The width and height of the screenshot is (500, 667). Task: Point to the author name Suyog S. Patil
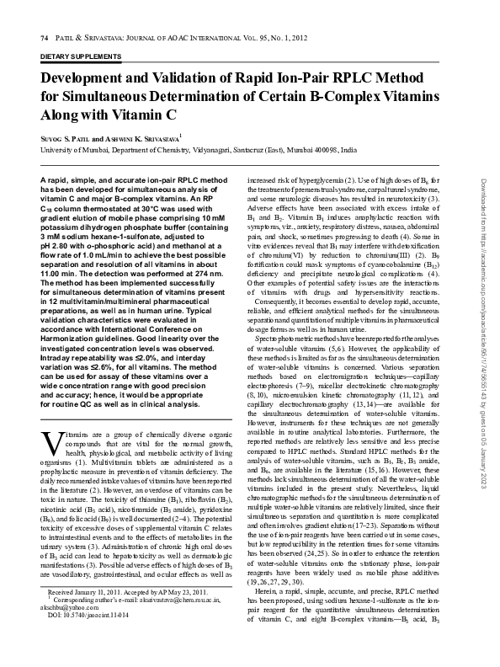pos(68,135)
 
